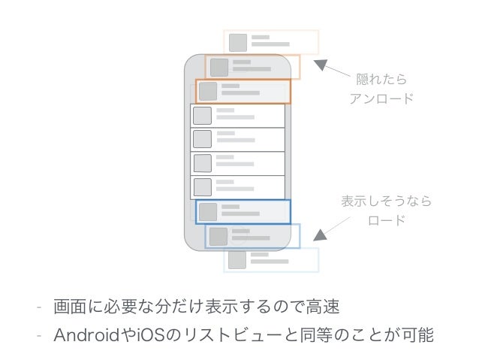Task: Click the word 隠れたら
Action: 381,79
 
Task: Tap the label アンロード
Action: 381,98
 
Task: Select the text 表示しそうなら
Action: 386,201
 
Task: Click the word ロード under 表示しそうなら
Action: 386,221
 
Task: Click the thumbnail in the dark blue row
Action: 208,211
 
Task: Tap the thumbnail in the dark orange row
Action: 208,91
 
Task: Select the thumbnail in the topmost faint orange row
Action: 238,42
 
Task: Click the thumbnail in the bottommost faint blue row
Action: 238,260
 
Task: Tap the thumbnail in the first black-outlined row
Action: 201,116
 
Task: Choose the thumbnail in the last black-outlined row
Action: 201,186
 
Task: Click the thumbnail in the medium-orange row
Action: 218,66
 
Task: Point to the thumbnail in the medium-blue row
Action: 218,236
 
